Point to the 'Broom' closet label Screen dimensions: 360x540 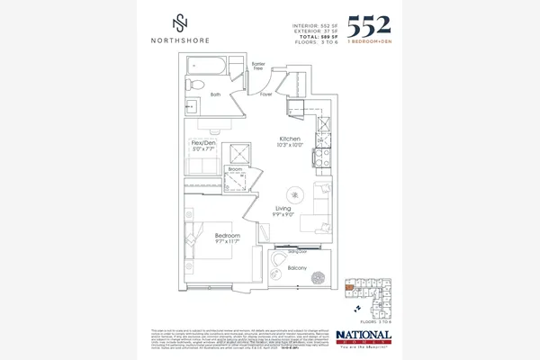(236, 168)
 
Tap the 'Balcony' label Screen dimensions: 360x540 (297, 268)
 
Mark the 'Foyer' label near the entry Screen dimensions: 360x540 (266, 94)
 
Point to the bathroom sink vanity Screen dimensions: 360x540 (194, 105)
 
